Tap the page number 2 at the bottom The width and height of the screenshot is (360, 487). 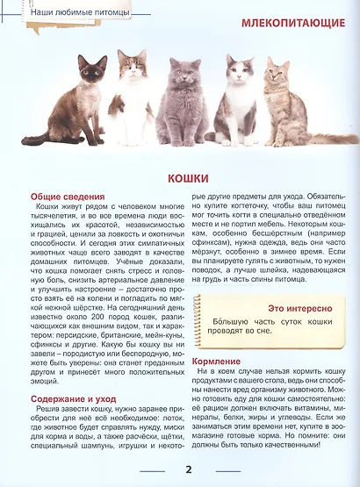coord(189,469)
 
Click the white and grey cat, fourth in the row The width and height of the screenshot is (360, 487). coord(238,101)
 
